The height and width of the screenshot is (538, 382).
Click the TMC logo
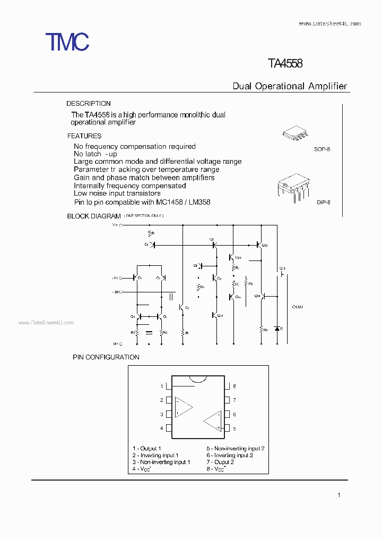[67, 41]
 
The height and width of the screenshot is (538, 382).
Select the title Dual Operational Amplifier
[290, 86]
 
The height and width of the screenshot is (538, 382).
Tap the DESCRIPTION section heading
[89, 104]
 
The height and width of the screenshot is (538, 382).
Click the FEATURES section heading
[84, 136]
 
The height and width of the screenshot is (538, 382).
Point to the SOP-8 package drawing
[293, 133]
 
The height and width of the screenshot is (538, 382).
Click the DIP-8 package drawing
[291, 188]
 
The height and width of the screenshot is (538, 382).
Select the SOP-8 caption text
[322, 150]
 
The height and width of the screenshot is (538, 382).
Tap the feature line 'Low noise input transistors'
[117, 194]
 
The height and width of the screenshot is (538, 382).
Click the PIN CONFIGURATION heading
[106, 357]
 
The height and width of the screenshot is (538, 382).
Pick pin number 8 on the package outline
[234, 386]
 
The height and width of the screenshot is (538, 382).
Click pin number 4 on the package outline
[162, 428]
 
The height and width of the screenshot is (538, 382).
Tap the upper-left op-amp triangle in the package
[184, 407]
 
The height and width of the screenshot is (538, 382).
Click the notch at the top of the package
[198, 379]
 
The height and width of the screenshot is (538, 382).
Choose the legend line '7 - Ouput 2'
[220, 462]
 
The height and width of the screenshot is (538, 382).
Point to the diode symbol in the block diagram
[276, 329]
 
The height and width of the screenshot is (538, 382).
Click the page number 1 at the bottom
[338, 495]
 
